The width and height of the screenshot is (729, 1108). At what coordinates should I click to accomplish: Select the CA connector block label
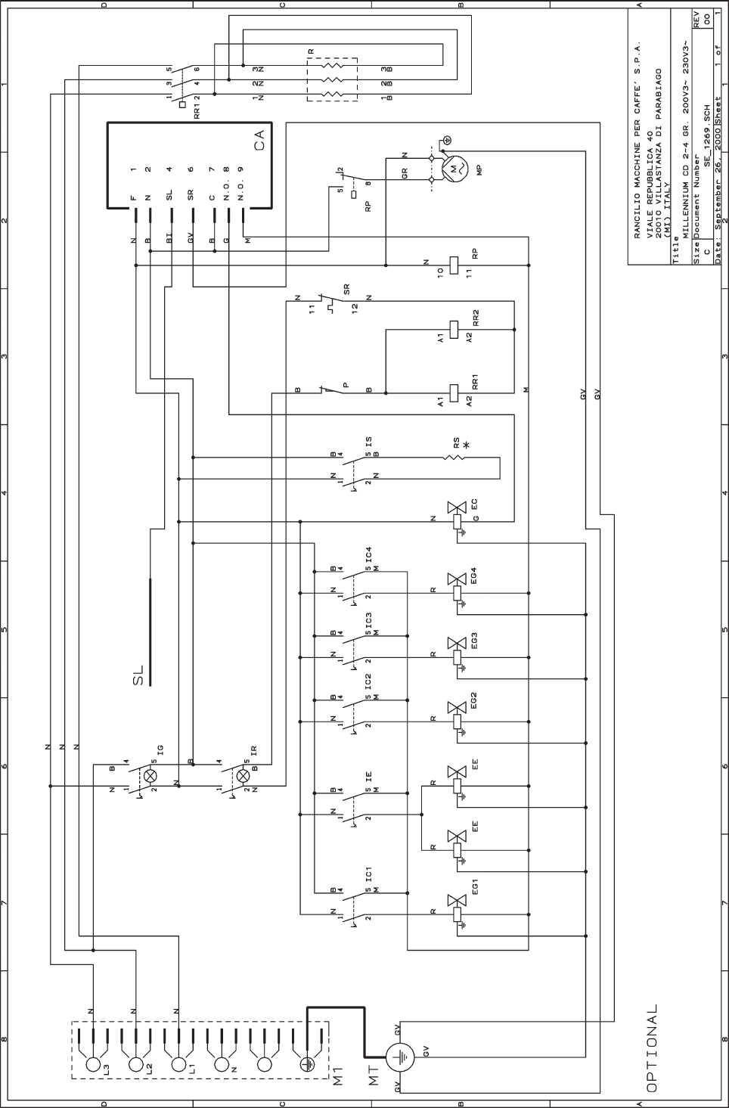pyautogui.click(x=259, y=140)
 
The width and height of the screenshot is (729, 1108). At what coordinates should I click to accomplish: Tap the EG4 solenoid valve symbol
pyautogui.click(x=457, y=579)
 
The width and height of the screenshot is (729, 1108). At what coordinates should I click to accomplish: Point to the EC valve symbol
pyautogui.click(x=457, y=507)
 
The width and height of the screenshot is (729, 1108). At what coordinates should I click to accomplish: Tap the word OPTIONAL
pyautogui.click(x=653, y=1047)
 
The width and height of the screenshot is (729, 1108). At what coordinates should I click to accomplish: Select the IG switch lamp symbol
pyautogui.click(x=150, y=776)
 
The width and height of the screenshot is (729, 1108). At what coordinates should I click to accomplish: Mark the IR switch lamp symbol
pyautogui.click(x=244, y=776)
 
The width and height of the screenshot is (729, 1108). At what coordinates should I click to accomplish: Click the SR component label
pyautogui.click(x=346, y=290)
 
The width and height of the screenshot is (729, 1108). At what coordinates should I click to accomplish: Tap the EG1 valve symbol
pyautogui.click(x=457, y=901)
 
